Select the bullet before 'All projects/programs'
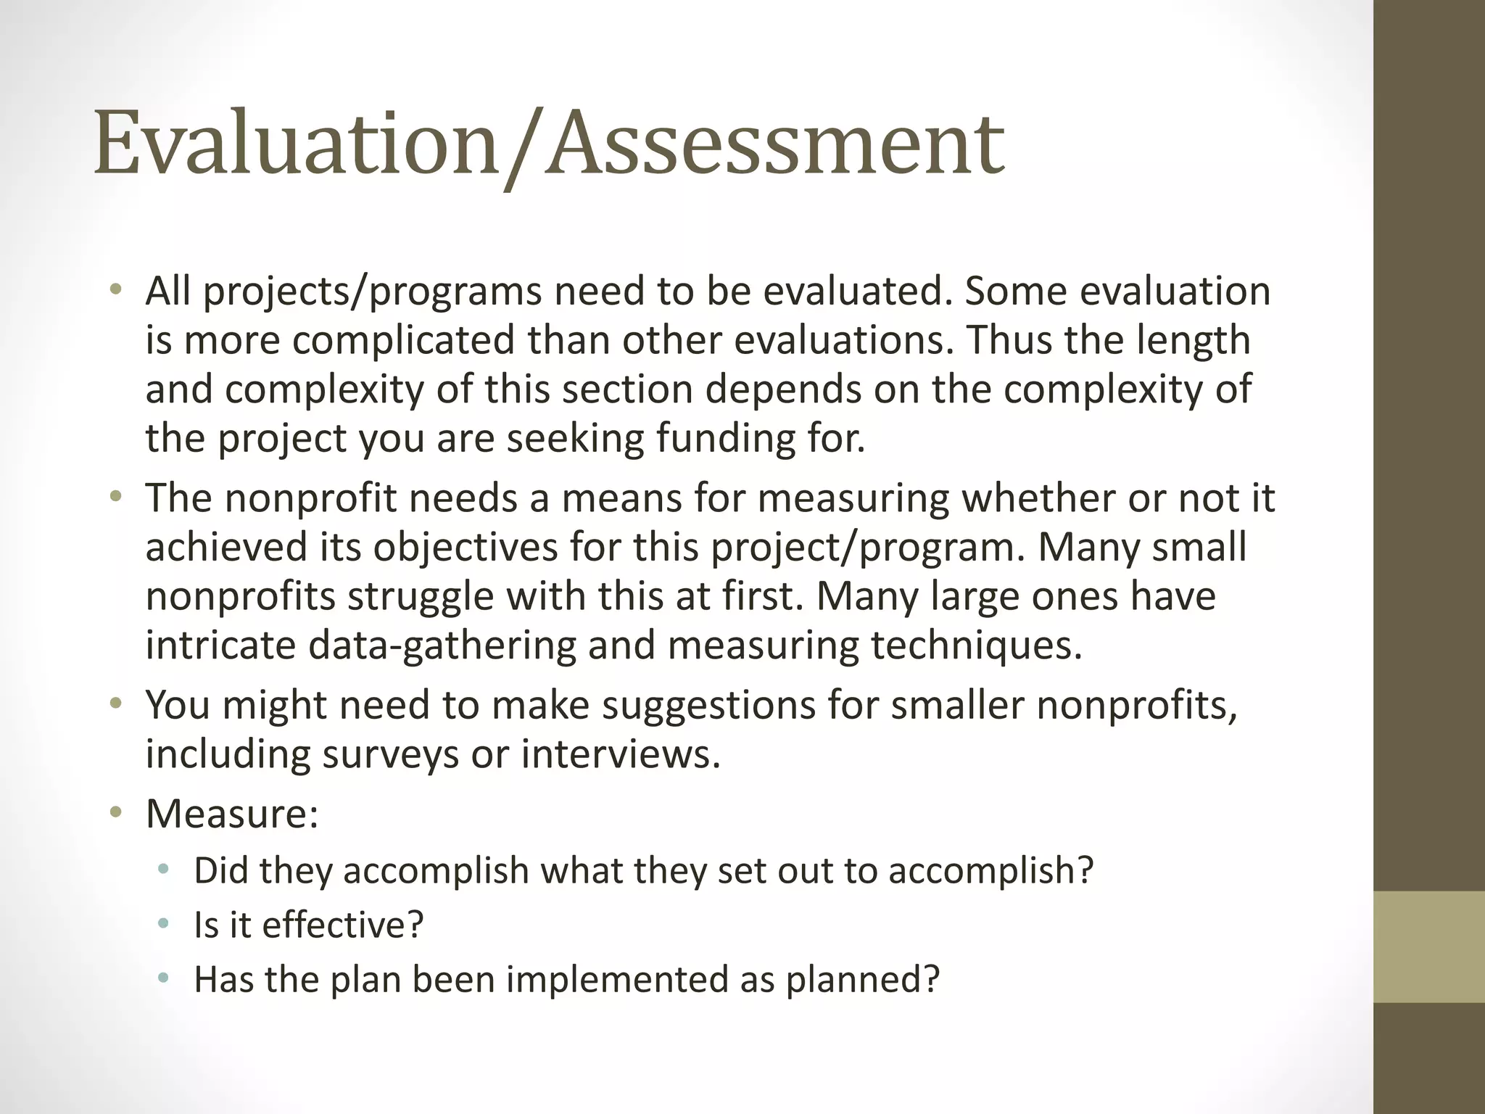pyautogui.click(x=115, y=292)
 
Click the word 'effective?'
pyautogui.click(x=342, y=925)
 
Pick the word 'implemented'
pyautogui.click(x=617, y=979)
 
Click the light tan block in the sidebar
pyautogui.click(x=1428, y=946)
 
